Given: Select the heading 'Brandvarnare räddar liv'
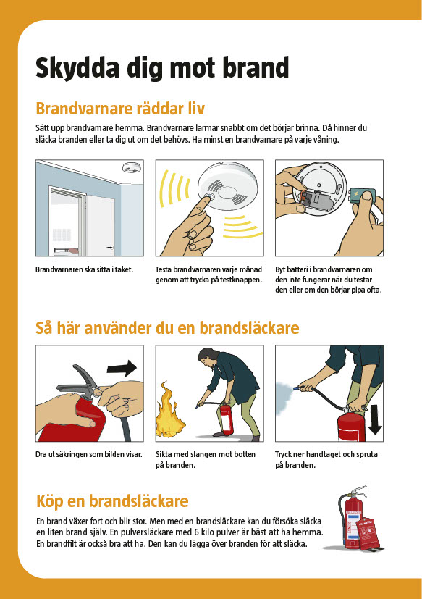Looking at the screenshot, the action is [x=120, y=109].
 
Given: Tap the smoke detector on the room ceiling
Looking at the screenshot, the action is [x=132, y=167].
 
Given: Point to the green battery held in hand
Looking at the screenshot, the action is [x=363, y=197].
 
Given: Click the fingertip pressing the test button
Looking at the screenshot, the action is [x=207, y=198].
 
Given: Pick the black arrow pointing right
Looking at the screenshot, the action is [x=122, y=368].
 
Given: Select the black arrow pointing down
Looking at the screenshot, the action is [x=375, y=420].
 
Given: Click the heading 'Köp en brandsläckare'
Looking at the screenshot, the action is [x=112, y=500].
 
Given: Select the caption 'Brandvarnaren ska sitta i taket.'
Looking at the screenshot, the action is [x=85, y=269].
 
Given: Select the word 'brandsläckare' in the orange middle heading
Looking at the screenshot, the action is [x=249, y=328].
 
